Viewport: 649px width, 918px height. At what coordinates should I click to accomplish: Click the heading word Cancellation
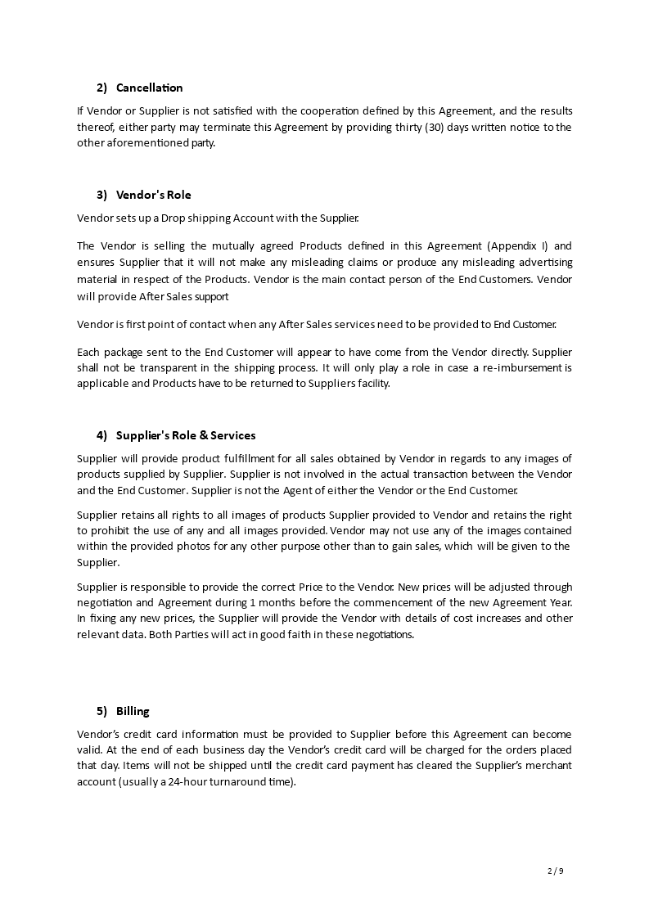(150, 88)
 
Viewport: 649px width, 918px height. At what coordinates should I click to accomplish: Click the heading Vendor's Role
(154, 195)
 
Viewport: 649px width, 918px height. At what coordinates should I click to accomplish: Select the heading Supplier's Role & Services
(186, 435)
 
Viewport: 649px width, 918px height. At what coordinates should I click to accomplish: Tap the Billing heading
(133, 711)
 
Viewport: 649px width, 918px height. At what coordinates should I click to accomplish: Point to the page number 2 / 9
(555, 871)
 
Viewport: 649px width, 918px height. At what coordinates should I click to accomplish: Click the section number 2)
(102, 88)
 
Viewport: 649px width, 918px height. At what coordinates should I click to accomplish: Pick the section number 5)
(102, 711)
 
